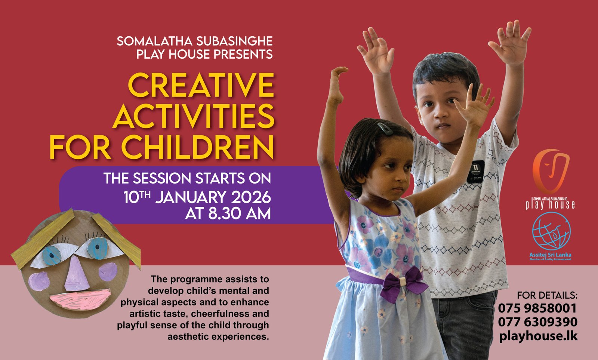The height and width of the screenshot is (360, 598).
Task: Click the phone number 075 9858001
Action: click(x=537, y=308)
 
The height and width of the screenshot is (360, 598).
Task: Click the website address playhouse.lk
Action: click(x=538, y=336)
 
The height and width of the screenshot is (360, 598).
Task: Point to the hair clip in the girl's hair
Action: click(x=385, y=129)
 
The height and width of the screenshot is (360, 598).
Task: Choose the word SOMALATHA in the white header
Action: click(x=155, y=41)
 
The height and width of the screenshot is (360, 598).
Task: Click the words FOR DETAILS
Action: click(x=547, y=295)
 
